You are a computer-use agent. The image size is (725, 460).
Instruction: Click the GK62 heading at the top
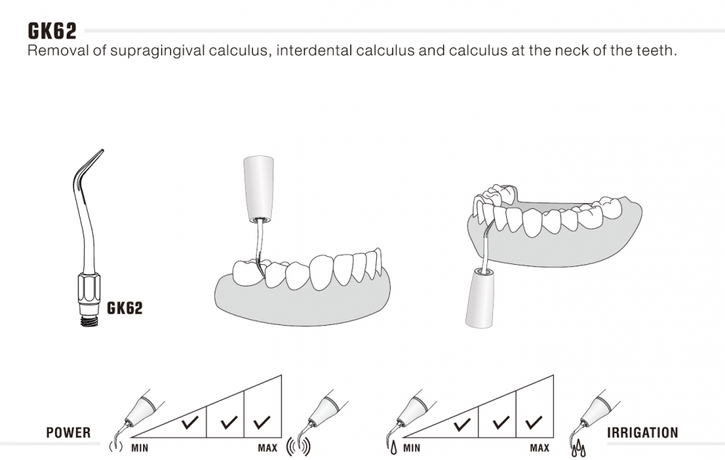[x=51, y=31]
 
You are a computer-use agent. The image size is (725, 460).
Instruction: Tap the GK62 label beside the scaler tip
[x=125, y=308]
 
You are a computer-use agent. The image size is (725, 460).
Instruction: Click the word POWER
[x=68, y=432]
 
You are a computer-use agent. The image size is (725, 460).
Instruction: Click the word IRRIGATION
[x=642, y=432]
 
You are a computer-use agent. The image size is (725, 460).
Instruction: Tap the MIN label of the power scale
[x=140, y=448]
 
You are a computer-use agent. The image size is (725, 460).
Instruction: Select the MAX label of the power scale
[x=268, y=448]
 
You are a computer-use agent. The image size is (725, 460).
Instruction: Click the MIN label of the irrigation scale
[x=412, y=448]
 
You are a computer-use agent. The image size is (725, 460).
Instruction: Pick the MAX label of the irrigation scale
[x=539, y=448]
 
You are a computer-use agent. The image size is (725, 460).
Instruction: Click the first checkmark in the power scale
[x=190, y=422]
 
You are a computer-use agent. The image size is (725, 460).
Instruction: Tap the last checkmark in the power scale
[x=262, y=422]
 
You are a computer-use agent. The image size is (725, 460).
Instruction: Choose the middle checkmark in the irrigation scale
[x=501, y=422]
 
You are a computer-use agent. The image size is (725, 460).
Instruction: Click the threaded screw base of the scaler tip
[x=88, y=320]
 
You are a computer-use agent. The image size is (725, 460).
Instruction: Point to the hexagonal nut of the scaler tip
[x=88, y=287]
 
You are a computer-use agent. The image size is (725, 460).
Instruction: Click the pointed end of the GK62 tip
[x=102, y=150]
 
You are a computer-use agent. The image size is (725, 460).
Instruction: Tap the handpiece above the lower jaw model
[x=259, y=188]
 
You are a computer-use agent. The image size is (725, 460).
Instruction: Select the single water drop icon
[x=394, y=448]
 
